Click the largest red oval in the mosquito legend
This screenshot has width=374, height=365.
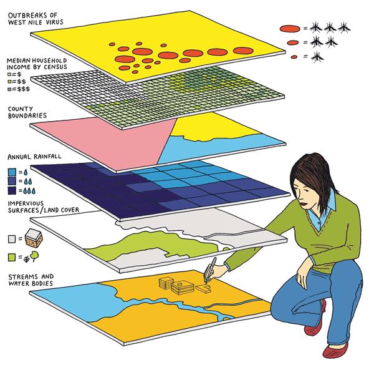pyautogui.click(x=289, y=29)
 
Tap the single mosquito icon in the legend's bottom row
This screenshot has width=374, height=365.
pyautogui.click(x=319, y=57)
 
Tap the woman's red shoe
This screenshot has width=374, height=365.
pyautogui.click(x=333, y=349)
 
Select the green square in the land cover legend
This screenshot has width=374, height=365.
pyautogui.click(x=12, y=256)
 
